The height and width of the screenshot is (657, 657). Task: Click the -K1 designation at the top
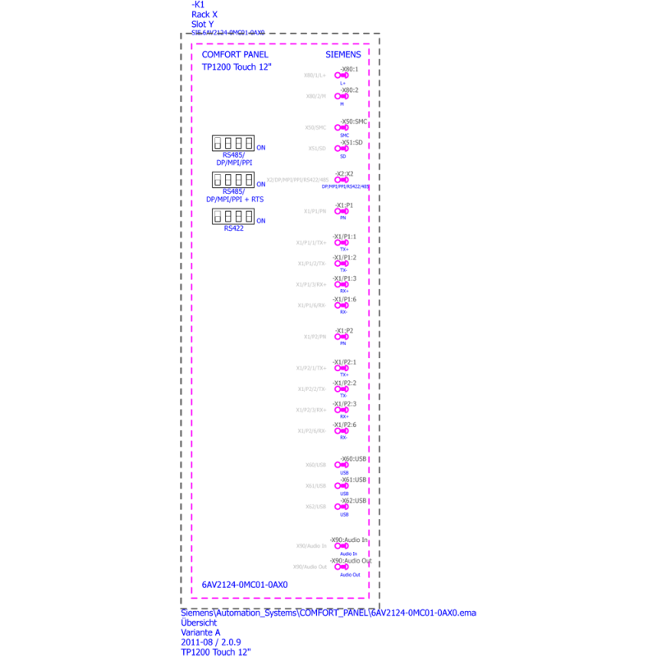click(197, 4)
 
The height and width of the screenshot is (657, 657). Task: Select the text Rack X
click(204, 14)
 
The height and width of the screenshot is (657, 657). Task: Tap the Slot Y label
click(203, 24)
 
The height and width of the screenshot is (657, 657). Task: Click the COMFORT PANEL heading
click(234, 54)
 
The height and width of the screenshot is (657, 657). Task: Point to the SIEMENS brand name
click(343, 54)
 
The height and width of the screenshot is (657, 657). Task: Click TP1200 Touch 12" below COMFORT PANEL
click(237, 67)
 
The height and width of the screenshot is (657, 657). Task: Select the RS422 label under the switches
click(234, 227)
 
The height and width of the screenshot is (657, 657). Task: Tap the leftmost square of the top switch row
click(218, 140)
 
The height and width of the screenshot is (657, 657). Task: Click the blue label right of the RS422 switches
click(260, 220)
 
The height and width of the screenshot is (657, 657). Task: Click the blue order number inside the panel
click(245, 585)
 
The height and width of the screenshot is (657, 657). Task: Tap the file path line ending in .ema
click(328, 613)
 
